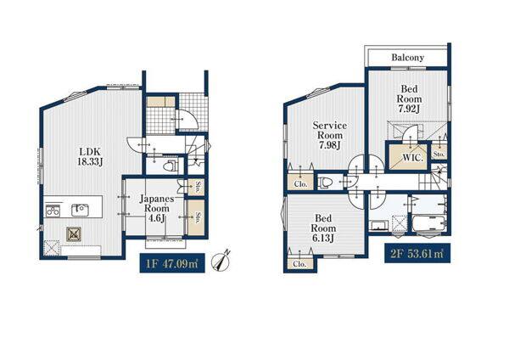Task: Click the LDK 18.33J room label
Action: pos(90,156)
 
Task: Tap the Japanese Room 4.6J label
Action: pos(156,208)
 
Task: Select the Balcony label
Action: pos(408,58)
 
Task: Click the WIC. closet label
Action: pos(413,158)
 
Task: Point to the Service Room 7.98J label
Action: pos(329,135)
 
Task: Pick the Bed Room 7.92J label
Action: pos(409,98)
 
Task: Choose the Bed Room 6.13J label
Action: pos(323,228)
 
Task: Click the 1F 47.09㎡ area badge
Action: pos(172,263)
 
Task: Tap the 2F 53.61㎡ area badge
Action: pos(417,253)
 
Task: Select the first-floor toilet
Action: pos(171,166)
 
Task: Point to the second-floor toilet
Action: pos(324,183)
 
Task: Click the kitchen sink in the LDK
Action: pos(80,210)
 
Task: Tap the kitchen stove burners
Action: pos(53,211)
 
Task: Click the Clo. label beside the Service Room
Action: pos(300,184)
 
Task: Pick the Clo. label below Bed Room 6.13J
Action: pos(299,264)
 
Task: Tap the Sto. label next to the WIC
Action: pos(439,155)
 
